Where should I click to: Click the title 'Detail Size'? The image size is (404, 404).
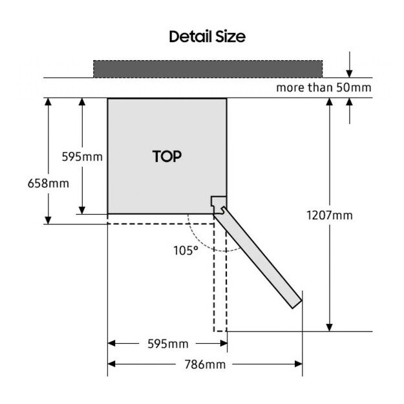point(207,36)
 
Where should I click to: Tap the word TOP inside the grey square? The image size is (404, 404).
point(167,156)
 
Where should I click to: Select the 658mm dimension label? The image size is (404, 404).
point(48,183)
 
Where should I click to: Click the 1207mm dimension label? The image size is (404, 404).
point(330,215)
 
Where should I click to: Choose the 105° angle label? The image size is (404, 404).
point(186,250)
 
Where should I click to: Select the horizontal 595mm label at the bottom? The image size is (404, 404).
point(167,343)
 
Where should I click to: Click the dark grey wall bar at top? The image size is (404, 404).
point(207,68)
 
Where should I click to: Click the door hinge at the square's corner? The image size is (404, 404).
point(219,204)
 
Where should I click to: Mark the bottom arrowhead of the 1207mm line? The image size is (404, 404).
point(330,326)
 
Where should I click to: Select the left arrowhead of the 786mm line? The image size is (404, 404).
point(112,364)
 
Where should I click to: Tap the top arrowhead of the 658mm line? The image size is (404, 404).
point(48,103)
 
